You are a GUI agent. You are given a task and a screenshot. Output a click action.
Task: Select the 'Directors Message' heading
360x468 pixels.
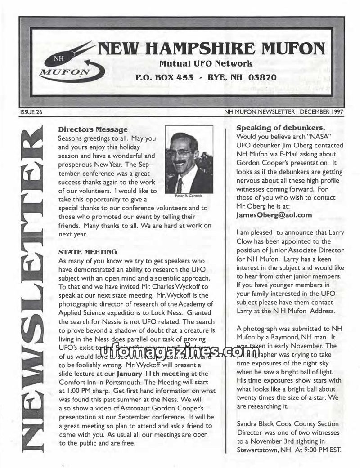pos(90,130)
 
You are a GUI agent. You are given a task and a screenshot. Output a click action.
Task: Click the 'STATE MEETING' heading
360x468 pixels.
pos(88,251)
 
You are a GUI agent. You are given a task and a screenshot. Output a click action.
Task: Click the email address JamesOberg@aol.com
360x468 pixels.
pos(274,214)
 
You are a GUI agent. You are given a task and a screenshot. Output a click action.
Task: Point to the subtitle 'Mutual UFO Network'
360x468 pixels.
pos(206,63)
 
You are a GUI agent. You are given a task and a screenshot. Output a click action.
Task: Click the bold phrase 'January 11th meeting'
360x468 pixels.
pos(152,374)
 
